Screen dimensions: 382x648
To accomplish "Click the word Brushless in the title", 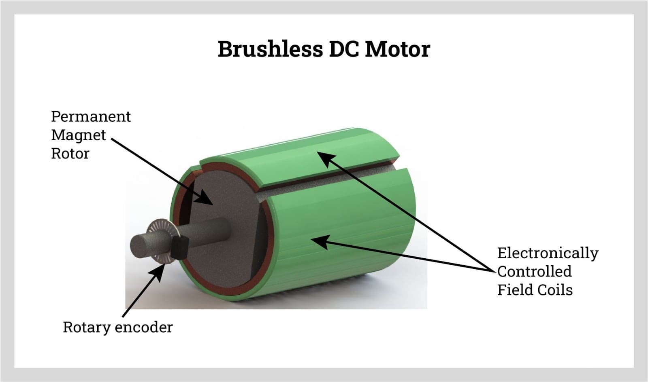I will coord(270,49).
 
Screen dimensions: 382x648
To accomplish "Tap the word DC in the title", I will coord(344,49).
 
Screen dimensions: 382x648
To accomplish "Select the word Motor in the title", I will coord(397,49).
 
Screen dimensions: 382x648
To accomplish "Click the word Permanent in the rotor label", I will coord(91,116).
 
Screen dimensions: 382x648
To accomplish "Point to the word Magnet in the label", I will coord(78,135).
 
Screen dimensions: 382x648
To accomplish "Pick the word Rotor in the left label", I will coord(70,154).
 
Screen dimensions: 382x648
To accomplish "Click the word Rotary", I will coord(86,327).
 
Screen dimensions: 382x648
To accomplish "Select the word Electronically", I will coord(548,253).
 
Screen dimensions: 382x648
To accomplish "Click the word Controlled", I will coord(534,271).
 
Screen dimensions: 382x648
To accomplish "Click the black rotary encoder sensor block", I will coord(179,247).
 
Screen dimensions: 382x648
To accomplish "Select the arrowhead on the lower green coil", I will coord(318,241).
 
